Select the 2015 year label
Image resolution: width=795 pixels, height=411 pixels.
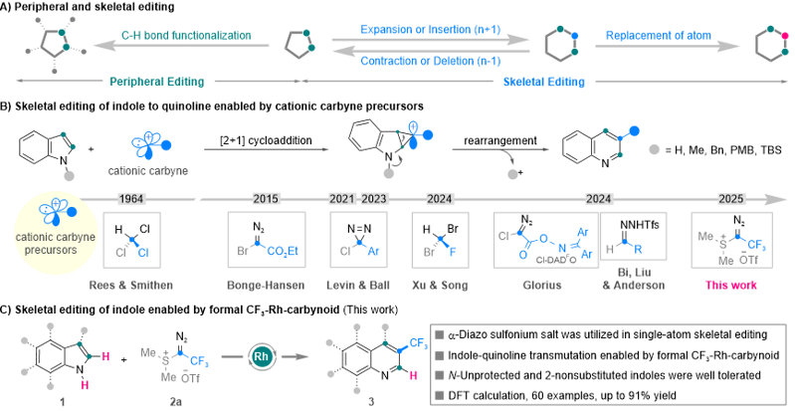[x=266, y=199]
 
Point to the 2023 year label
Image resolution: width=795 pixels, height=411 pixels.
[x=374, y=199]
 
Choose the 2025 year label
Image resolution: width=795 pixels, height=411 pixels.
[x=731, y=199]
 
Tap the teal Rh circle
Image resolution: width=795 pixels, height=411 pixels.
[x=263, y=354]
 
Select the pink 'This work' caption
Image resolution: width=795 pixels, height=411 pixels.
[x=731, y=285]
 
